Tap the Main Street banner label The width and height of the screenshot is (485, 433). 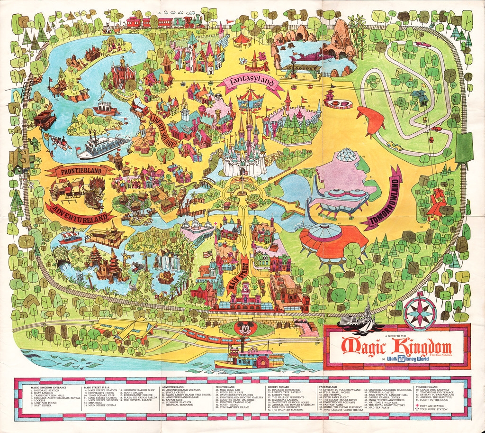pos(246,275)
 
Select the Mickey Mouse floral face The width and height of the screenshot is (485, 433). pos(244,329)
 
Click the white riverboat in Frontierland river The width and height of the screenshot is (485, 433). pos(102,147)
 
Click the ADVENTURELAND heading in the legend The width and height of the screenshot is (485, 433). pos(175,386)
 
